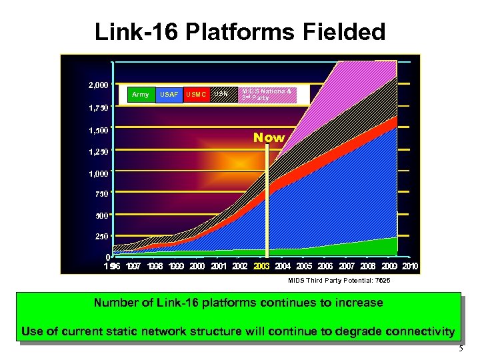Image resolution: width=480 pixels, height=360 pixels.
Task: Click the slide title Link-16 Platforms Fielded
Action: point(240,31)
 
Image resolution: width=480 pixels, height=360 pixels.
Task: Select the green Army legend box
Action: point(141,95)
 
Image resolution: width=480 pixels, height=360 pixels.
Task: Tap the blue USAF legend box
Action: point(169,95)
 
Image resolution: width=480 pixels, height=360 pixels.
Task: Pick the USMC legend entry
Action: point(197,95)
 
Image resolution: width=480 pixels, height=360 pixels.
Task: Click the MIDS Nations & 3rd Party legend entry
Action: point(267,94)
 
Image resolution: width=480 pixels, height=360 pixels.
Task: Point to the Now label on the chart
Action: point(269,138)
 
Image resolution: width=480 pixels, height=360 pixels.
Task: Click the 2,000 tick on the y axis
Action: point(99,85)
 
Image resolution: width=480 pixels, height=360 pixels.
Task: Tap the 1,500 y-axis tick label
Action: point(99,130)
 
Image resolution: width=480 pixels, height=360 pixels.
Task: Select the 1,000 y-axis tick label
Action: point(99,173)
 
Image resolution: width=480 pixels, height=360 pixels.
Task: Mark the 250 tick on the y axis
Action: point(102,236)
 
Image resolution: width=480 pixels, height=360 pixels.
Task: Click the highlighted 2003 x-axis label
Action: point(262,267)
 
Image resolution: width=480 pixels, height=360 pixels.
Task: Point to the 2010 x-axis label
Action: point(409,267)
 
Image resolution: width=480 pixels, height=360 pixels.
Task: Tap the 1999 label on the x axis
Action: point(177,267)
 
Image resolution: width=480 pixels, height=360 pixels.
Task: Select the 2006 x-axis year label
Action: point(325,267)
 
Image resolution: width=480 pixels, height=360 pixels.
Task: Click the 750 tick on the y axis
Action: point(102,194)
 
